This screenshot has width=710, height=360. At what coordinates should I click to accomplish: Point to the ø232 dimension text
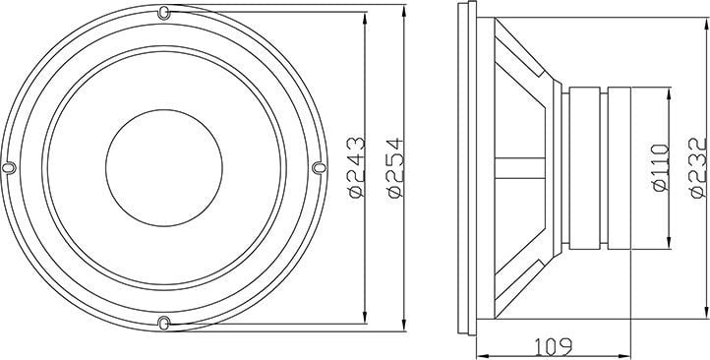click(x=695, y=168)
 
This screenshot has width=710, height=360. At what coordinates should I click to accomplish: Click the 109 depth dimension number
click(x=554, y=347)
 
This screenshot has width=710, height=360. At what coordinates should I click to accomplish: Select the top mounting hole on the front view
click(x=163, y=14)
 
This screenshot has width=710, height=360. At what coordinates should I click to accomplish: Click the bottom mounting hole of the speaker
click(x=163, y=322)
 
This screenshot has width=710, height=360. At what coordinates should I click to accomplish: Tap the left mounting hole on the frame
click(x=9, y=168)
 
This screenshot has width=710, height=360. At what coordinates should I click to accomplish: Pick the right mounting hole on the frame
click(x=318, y=168)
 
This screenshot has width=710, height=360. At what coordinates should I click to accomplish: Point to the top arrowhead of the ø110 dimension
click(x=670, y=91)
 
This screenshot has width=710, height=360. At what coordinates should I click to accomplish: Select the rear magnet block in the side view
click(x=619, y=167)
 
